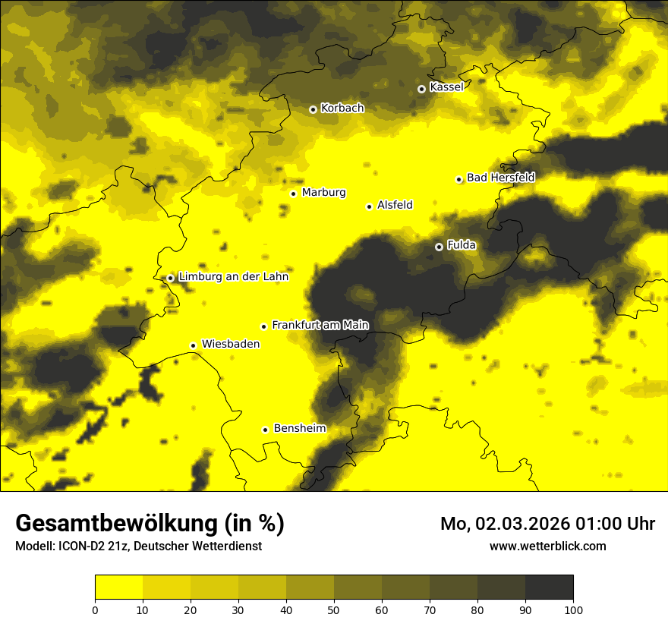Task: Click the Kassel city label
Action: tap(446, 87)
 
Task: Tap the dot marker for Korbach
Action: tap(313, 109)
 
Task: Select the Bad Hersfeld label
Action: tap(500, 178)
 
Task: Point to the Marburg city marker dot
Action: tap(293, 194)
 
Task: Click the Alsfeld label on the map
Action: tap(395, 205)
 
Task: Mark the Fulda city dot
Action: tap(439, 247)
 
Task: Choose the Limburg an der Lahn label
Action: tap(233, 277)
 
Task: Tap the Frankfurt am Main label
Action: tap(320, 325)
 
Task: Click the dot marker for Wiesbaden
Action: tap(194, 345)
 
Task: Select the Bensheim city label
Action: tap(299, 428)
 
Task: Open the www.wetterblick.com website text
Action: tap(547, 546)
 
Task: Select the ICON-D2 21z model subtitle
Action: tap(138, 547)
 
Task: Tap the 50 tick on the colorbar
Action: tap(334, 609)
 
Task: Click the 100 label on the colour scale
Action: tap(573, 609)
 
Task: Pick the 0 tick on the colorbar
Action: tap(95, 609)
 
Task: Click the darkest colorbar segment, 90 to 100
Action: tap(549, 587)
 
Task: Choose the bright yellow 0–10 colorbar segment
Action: tap(118, 587)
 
